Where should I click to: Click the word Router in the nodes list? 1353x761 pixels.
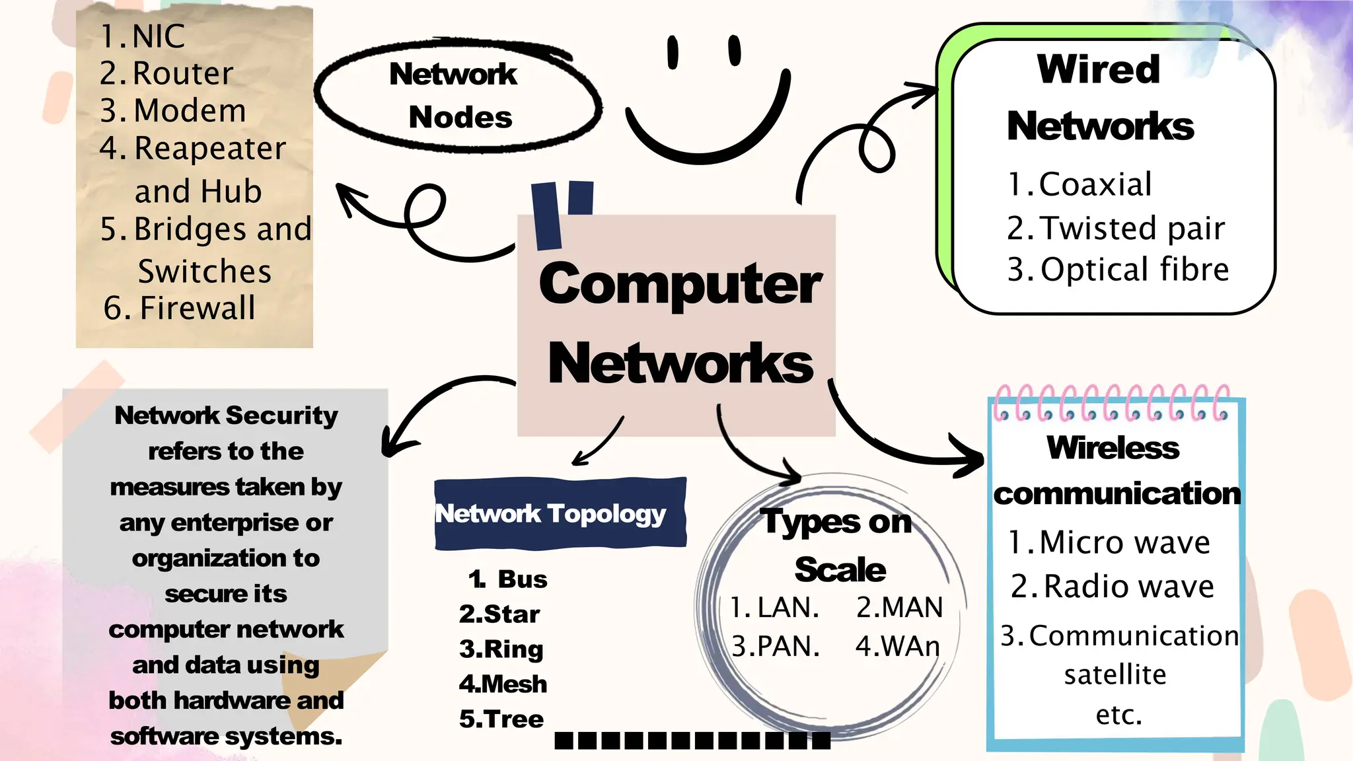coord(183,73)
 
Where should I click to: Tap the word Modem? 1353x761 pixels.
coord(190,111)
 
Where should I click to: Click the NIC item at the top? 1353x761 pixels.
coord(159,36)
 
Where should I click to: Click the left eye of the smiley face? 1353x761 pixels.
coord(673,52)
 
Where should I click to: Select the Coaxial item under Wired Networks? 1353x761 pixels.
coord(1095,184)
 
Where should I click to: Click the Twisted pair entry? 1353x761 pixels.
coord(1132,229)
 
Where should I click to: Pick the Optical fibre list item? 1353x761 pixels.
coord(1134,270)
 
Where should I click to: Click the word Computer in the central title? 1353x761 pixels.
coord(680,285)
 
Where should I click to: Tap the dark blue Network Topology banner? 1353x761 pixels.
coord(560,514)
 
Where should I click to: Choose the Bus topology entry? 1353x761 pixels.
coord(522,579)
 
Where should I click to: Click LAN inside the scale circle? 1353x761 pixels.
coord(787,608)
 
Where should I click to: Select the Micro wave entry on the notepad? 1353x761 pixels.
coord(1124,543)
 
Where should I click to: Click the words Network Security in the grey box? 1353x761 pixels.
coord(226,416)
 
